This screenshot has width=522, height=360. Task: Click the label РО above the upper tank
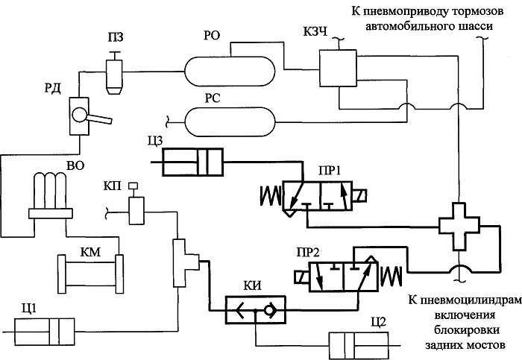pos(212,35)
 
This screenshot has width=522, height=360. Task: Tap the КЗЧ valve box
pos(338,69)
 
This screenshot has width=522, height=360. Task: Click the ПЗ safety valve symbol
pos(114,74)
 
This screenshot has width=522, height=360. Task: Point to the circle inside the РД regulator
pos(80,116)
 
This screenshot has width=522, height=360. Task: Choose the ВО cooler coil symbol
pos(50,195)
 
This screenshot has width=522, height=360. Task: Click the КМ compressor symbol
pos(90,274)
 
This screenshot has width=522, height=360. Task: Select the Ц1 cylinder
pos(44,332)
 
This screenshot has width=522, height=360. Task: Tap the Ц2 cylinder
pos(359,345)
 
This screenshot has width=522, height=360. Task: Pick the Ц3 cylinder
pos(193,162)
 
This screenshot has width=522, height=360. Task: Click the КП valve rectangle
pos(136,211)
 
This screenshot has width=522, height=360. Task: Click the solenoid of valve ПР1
pos(359,195)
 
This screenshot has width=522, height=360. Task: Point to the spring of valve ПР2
pos(391,277)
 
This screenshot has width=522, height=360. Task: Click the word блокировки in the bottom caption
pos(466,329)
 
